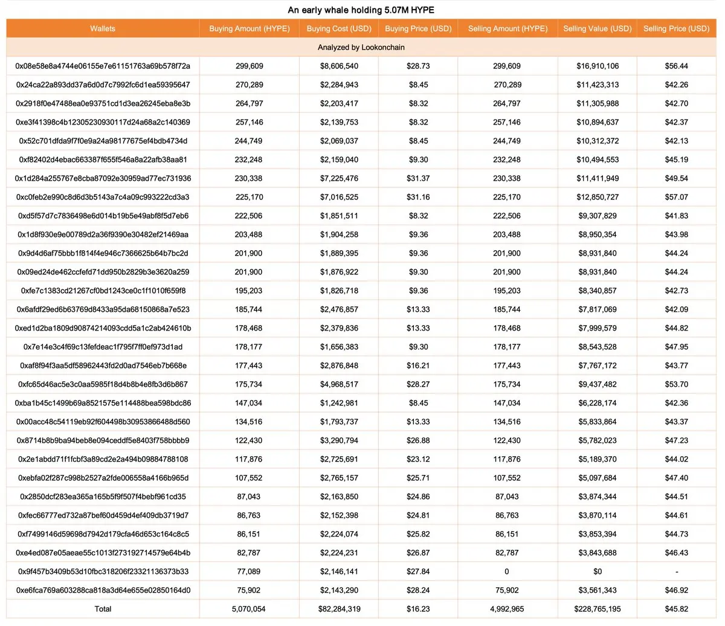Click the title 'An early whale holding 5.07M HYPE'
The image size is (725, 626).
(x=361, y=10)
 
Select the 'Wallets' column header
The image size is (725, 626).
(x=103, y=28)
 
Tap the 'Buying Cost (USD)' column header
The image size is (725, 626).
(x=339, y=28)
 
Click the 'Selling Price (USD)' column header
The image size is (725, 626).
(x=676, y=28)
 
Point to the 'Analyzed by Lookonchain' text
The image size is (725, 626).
(x=361, y=47)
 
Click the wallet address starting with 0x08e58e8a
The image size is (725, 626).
(x=103, y=66)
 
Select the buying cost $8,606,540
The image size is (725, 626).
(x=339, y=66)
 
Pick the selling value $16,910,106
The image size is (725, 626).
(x=598, y=66)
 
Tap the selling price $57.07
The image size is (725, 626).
(x=676, y=197)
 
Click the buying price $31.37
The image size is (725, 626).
(x=418, y=178)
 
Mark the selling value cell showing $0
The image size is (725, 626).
(x=598, y=571)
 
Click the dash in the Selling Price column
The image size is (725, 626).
(x=676, y=571)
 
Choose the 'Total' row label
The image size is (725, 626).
(x=103, y=608)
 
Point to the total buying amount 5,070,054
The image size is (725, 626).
(x=249, y=608)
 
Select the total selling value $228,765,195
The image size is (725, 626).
(x=598, y=608)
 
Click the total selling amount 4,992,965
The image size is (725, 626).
(x=507, y=608)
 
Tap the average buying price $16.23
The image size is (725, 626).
(x=418, y=608)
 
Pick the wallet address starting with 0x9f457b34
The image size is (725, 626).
(x=103, y=571)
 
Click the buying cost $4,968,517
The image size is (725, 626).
(x=339, y=384)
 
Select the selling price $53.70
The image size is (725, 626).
(x=676, y=384)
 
